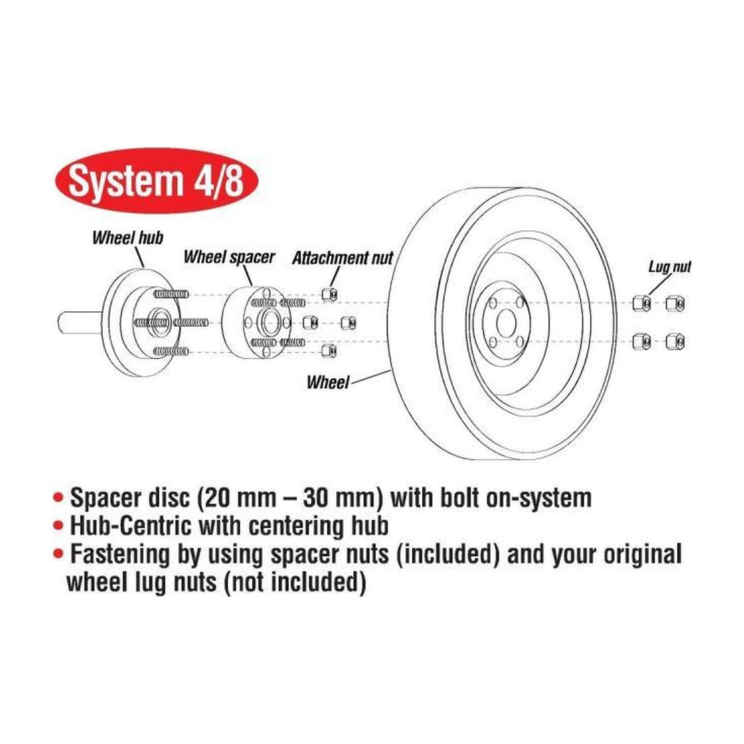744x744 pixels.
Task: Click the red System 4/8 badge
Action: (157, 181)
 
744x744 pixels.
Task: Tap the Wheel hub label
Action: (128, 237)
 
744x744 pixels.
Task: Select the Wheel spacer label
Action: (229, 257)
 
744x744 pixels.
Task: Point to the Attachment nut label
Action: (342, 258)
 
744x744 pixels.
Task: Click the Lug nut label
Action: (669, 267)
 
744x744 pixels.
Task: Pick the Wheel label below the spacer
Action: (327, 382)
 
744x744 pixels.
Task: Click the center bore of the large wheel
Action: (506, 323)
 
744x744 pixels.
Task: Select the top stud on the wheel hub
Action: (171, 294)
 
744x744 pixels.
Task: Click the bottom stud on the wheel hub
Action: (171, 352)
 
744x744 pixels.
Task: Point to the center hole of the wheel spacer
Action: (270, 323)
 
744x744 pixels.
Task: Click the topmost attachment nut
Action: (329, 294)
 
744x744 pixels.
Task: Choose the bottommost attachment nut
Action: (329, 351)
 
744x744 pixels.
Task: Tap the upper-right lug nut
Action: (674, 303)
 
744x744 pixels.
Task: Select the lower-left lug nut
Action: (641, 341)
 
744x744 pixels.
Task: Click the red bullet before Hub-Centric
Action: (58, 525)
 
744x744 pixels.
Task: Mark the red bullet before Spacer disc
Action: (58, 498)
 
